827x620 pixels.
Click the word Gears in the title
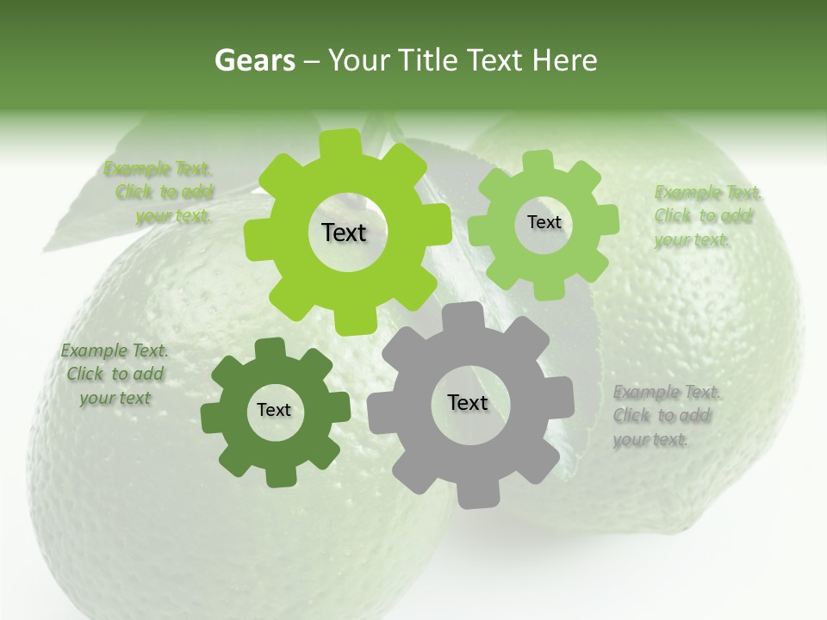[254, 60]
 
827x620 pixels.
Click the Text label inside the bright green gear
[344, 232]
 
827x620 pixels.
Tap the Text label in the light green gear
[544, 222]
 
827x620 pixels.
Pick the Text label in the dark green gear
[274, 410]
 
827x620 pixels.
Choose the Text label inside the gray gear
[468, 402]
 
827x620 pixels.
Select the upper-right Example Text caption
[706, 216]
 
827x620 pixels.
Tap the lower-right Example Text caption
[666, 416]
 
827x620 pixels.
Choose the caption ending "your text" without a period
[115, 375]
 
